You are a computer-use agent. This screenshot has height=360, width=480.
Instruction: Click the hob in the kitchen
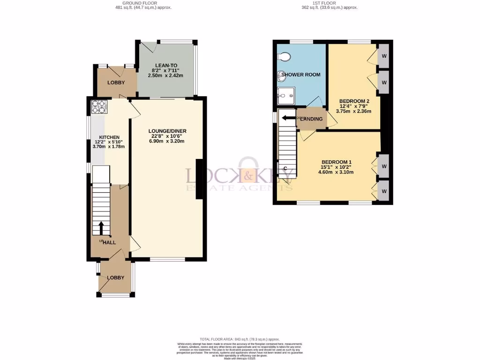pos(99,107)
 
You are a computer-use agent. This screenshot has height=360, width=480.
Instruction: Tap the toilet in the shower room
pos(284,57)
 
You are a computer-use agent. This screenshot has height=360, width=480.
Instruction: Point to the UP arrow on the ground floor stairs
pos(101,228)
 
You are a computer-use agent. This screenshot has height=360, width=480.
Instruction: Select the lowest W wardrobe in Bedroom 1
pos(384,192)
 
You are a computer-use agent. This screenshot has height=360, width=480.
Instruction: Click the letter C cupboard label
pos(285,168)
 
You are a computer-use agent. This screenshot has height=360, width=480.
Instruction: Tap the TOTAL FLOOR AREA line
pos(240,339)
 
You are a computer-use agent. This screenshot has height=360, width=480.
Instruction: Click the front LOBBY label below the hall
pos(116,277)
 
